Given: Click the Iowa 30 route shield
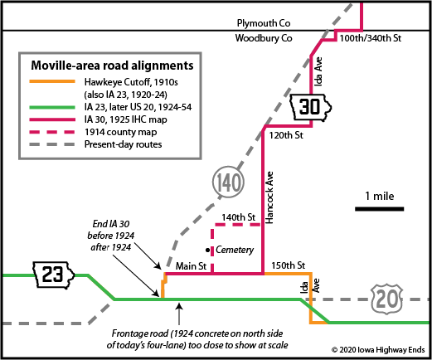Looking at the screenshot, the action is coord(310,107).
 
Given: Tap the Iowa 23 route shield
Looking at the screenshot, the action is coord(54,275).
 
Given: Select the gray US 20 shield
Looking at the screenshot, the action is coord(386,299).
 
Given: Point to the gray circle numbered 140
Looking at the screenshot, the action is coord(228,182).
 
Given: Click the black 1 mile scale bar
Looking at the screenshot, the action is coord(379,209).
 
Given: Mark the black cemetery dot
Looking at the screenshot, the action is coord(207,251).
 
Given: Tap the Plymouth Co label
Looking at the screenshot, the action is coord(264,23).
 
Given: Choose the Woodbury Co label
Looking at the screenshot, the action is coord(264,38).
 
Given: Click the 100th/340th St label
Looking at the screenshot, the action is coord(370,38).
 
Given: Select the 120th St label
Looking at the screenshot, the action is coord(286,135).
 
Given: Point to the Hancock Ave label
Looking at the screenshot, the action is coord(269,197).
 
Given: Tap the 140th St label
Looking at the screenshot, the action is coord(238,217).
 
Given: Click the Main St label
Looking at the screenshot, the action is coord(191,266).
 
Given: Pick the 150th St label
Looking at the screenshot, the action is coord(288,265).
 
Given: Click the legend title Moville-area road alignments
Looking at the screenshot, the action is coord(112,66).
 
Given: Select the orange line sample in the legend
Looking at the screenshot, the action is coord(52,81).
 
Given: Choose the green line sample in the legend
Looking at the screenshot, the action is coord(52,107).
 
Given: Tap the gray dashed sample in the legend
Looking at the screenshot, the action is coord(52,144).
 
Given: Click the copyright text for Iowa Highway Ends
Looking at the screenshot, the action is coord(378,350).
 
